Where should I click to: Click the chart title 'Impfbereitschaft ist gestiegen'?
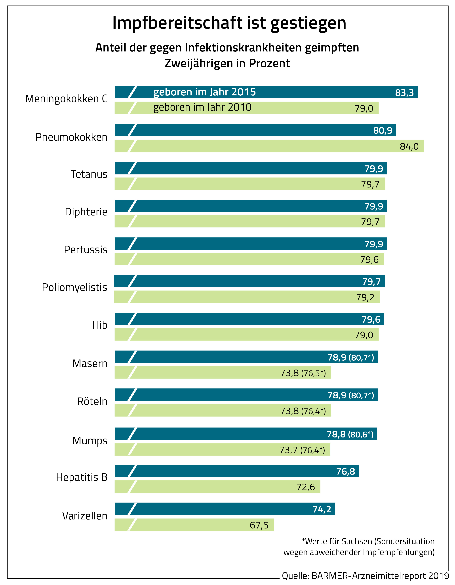click(229, 23)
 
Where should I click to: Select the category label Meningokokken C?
click(66, 99)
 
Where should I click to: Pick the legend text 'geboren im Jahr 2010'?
click(202, 107)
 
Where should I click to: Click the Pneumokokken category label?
click(71, 137)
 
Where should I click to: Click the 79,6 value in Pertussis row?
click(369, 259)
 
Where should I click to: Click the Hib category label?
click(100, 325)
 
